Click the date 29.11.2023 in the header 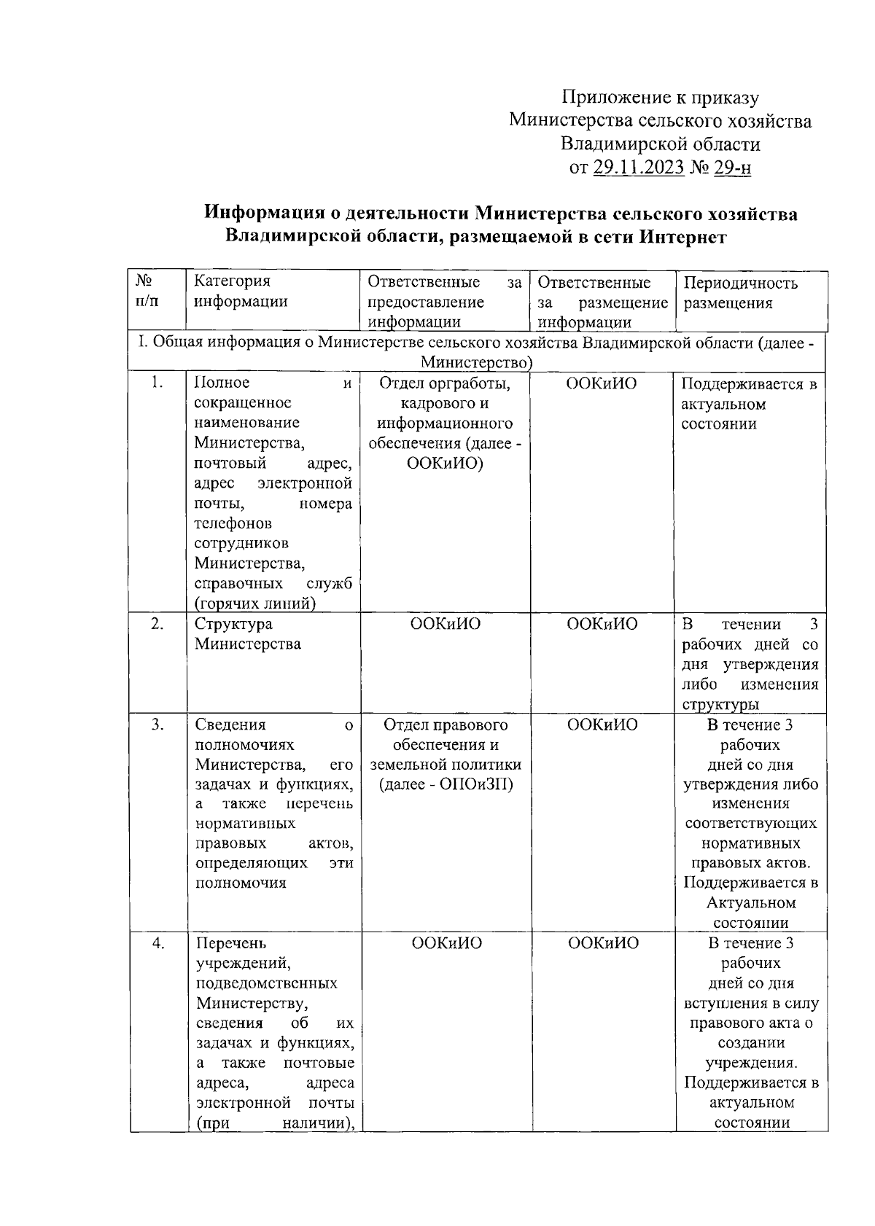point(638,168)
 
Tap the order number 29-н point(732,168)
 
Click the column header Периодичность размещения point(740,293)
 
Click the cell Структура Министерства point(247,634)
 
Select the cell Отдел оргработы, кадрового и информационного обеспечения point(445,423)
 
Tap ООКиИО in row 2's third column point(446,624)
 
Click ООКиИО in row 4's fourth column point(603,943)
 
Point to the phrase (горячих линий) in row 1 point(254,603)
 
